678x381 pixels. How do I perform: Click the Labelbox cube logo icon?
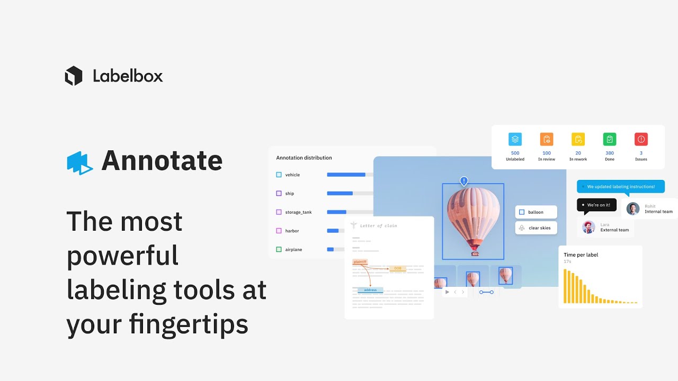click(74, 76)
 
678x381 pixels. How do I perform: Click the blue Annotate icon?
click(79, 162)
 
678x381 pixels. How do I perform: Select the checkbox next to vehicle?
click(279, 175)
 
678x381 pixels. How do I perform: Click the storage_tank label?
click(298, 212)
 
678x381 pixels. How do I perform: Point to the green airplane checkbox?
click(279, 249)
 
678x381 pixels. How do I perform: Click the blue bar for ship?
click(340, 194)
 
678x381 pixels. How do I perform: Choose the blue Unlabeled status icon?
click(515, 139)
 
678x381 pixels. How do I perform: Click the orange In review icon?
click(547, 139)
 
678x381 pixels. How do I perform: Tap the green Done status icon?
click(610, 139)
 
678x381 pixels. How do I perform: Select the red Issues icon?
click(641, 139)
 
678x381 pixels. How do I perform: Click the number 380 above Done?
click(610, 153)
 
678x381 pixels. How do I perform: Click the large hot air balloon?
click(473, 217)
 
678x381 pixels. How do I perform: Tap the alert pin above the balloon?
click(464, 182)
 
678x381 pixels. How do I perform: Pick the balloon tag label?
click(536, 212)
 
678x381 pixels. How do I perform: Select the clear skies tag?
click(536, 228)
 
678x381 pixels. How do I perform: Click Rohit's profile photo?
click(633, 208)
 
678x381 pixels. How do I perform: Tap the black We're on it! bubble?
click(597, 205)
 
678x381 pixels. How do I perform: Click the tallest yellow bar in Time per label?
click(565, 286)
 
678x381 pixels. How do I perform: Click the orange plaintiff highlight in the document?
click(360, 262)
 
